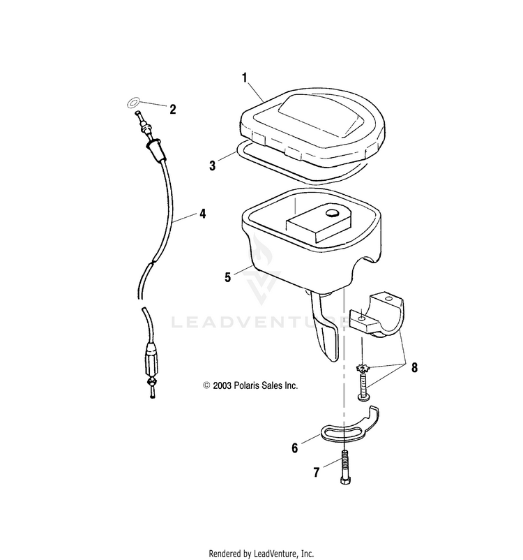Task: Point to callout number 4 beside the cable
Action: coord(202,214)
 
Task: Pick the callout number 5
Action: coord(227,277)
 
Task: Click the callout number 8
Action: coord(415,368)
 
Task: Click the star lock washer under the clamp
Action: coord(362,368)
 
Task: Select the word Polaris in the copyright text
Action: coord(255,385)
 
